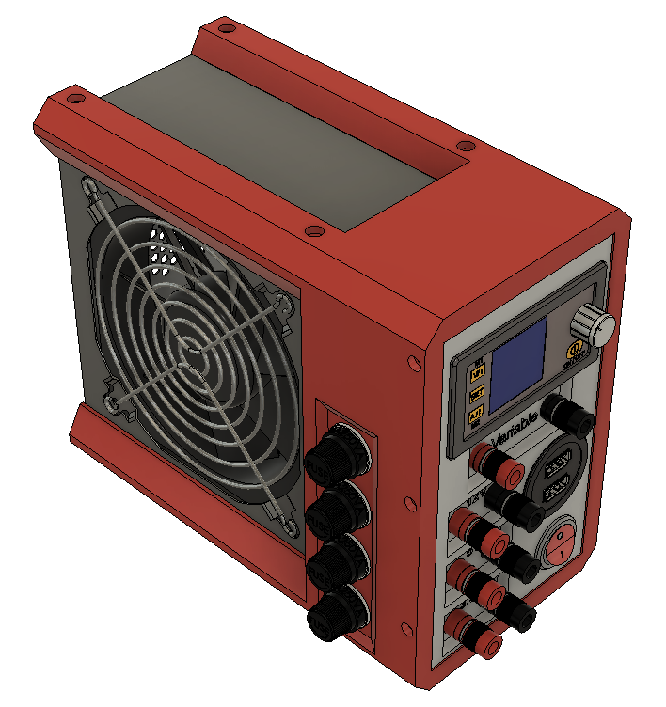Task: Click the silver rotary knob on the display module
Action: pyautogui.click(x=595, y=325)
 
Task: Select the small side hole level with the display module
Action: pyautogui.click(x=411, y=361)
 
